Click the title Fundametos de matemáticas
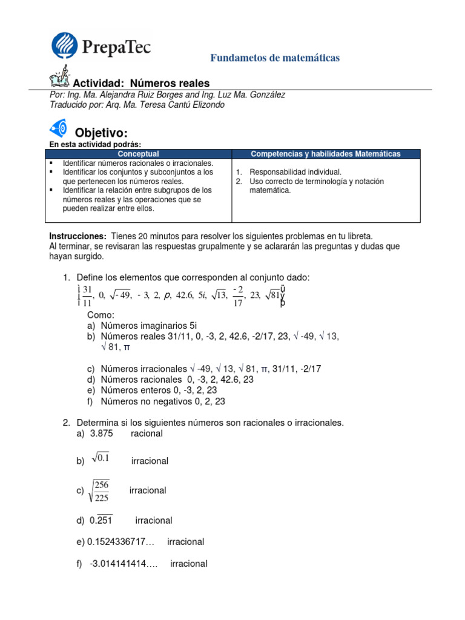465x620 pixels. coord(274,58)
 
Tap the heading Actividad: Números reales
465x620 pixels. coord(140,84)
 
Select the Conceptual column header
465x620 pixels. coord(138,154)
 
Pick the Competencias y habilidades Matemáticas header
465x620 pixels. coord(325,154)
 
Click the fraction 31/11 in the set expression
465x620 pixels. coord(87,295)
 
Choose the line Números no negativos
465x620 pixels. coord(163,401)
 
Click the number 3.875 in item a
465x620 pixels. coord(101,434)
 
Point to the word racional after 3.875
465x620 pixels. coord(147,434)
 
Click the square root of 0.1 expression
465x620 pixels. coord(101,459)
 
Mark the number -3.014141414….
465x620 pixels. coord(124,564)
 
